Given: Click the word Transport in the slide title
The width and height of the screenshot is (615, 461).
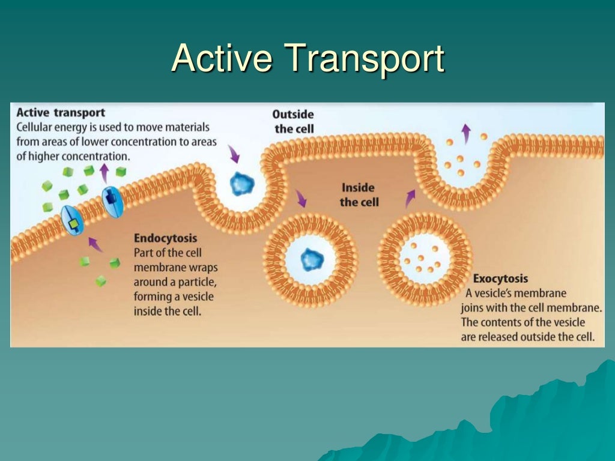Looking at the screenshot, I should [x=365, y=59].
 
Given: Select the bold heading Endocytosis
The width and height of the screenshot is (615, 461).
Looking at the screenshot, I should [x=165, y=238].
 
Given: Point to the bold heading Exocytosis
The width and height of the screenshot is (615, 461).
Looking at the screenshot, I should [x=500, y=279].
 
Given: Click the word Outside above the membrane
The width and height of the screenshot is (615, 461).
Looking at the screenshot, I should [x=293, y=114].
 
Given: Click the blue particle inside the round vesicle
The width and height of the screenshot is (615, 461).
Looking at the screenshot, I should [x=311, y=259].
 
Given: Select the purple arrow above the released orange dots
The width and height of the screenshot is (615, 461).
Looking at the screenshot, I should [x=465, y=132].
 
